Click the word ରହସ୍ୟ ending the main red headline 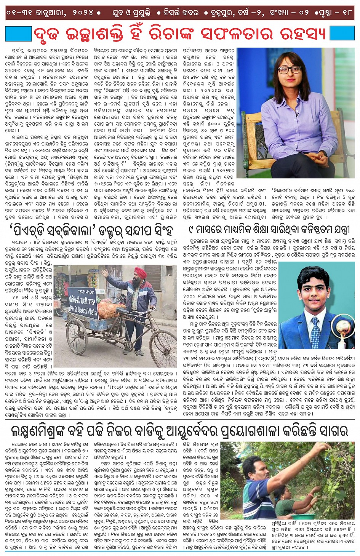(303, 34)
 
